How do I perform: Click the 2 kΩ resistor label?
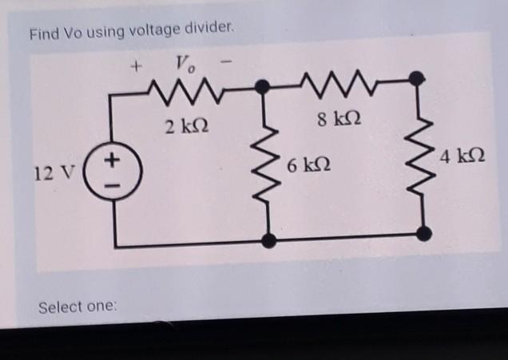[x=185, y=126]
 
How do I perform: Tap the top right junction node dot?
[x=416, y=78]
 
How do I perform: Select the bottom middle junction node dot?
[x=269, y=239]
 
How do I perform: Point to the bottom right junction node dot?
[x=424, y=233]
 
